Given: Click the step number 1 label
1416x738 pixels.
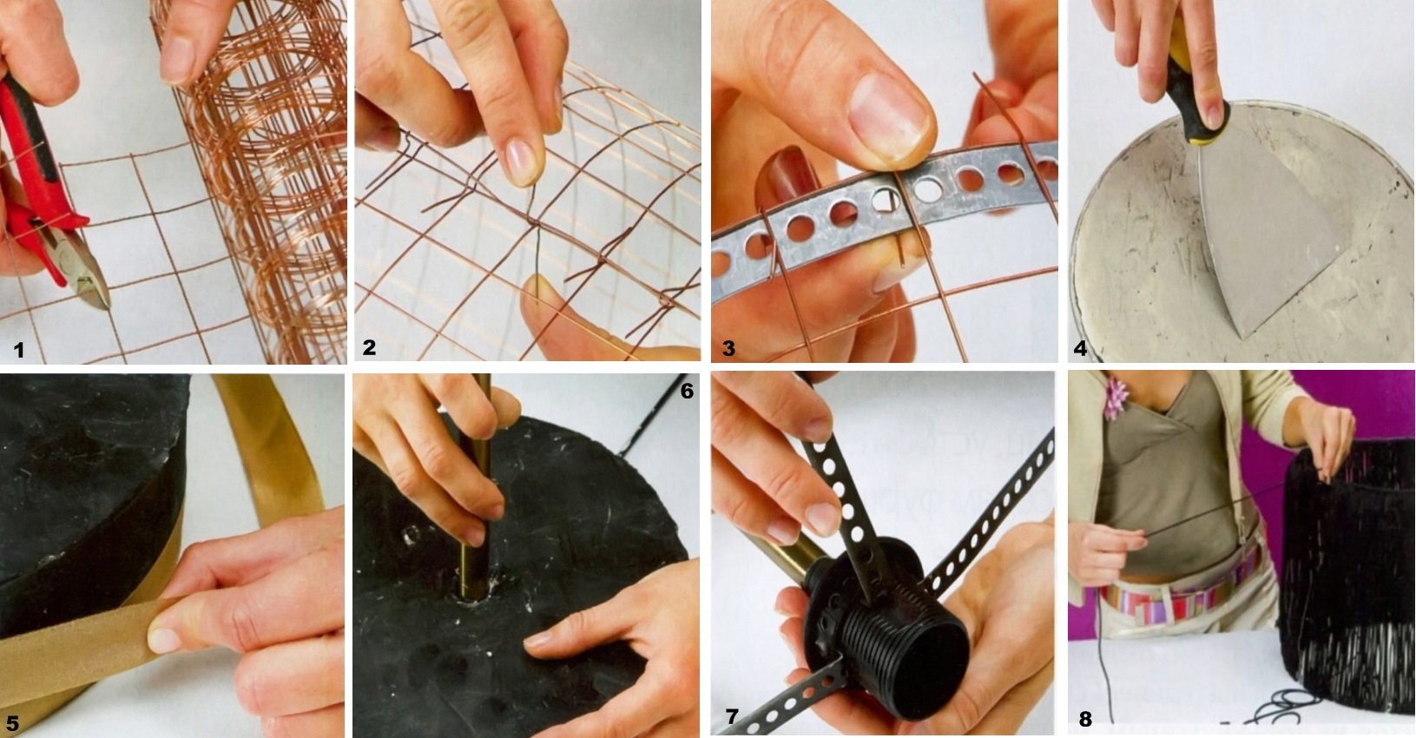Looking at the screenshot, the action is pos(19,350).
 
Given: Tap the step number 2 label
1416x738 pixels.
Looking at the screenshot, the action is pos(369,347).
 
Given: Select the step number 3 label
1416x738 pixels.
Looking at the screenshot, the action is pos(729,348).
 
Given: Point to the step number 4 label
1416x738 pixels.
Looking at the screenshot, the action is pos(1080,348).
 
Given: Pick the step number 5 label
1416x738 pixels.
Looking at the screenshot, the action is pos(12,723).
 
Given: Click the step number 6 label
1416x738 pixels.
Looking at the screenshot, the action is pos(687,392).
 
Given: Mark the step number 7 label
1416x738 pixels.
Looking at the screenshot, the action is pos(732,716).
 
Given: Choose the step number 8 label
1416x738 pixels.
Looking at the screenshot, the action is pos(1084,719).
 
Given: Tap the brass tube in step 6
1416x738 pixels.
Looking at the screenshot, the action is pos(476,487).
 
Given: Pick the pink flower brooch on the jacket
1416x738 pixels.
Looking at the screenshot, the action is pos(1116,399).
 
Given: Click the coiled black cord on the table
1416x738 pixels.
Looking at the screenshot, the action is pos(1289,705).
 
